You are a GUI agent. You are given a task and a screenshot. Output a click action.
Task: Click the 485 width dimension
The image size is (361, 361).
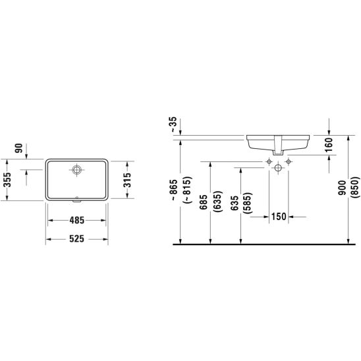(x=77, y=220)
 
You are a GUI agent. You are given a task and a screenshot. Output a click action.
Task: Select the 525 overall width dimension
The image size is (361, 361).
(x=77, y=239)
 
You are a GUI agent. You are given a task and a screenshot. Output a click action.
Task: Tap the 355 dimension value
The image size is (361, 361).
(x=7, y=180)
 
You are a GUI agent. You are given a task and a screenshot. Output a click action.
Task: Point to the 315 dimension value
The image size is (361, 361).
(x=126, y=180)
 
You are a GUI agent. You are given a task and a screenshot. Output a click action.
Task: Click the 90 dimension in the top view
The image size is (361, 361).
(x=19, y=148)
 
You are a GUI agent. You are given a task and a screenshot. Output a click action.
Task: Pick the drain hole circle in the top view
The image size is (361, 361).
(x=76, y=170)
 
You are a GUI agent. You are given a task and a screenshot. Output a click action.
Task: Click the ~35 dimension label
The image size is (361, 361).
(x=174, y=125)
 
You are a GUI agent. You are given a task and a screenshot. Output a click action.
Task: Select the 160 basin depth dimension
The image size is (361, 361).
(x=329, y=145)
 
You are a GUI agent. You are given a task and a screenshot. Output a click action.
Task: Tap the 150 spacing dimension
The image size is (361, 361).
(x=279, y=217)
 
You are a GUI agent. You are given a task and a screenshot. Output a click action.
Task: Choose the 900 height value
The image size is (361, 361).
(x=343, y=188)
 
